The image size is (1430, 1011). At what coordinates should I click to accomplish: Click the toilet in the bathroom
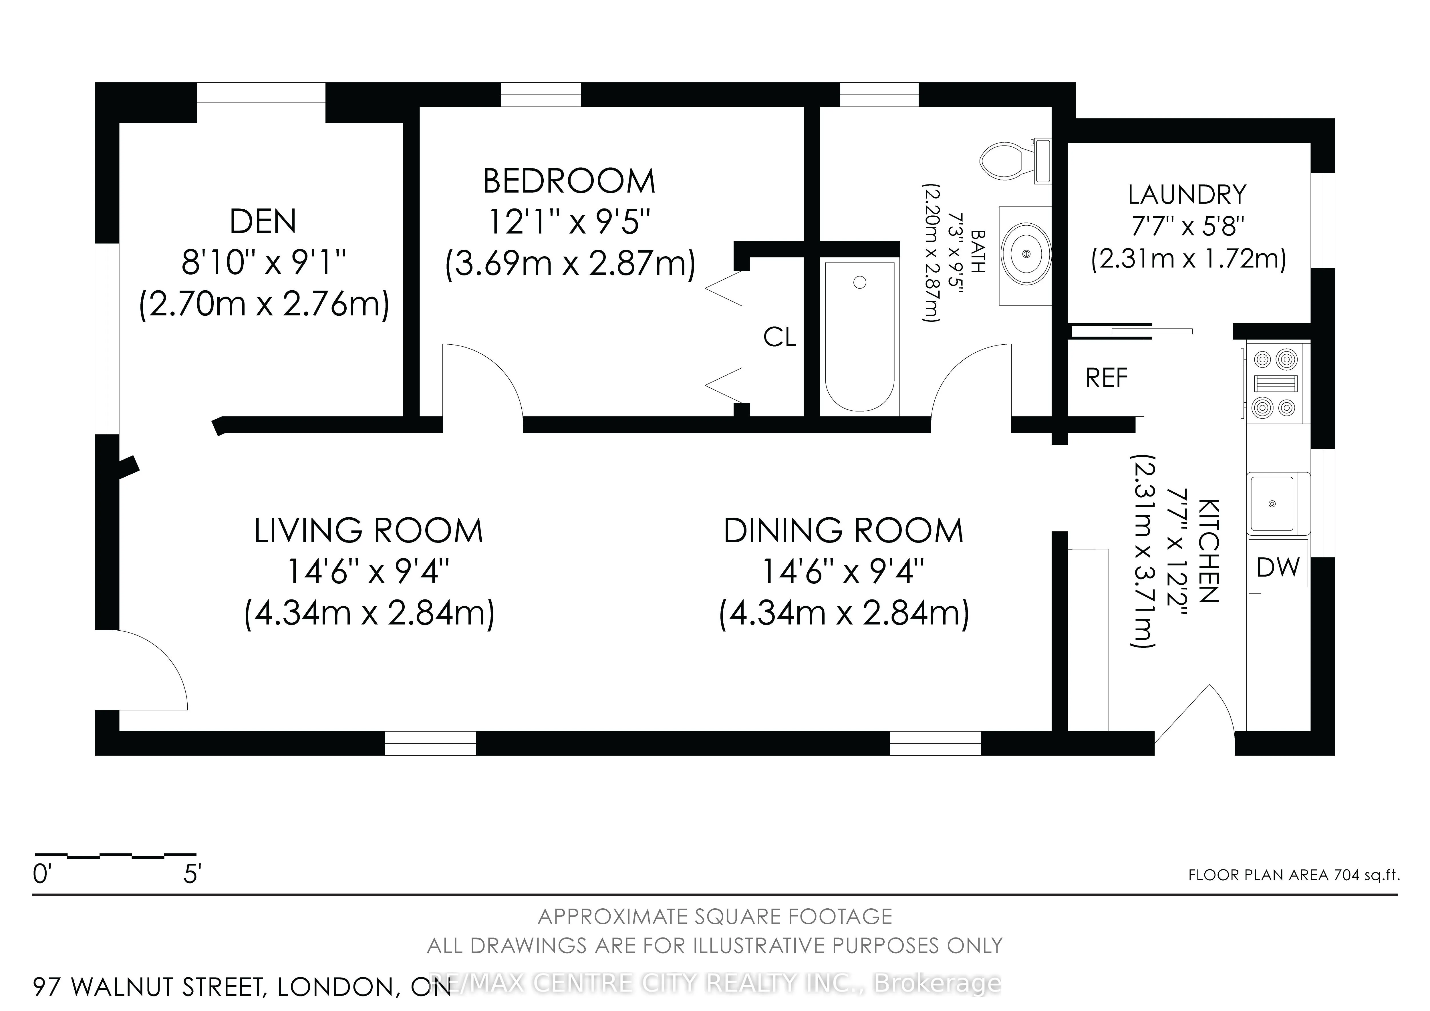click(1015, 161)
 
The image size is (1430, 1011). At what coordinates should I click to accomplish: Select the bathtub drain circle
click(860, 283)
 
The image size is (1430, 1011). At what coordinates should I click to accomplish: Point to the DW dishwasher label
click(1278, 567)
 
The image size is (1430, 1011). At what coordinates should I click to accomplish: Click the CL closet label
click(780, 338)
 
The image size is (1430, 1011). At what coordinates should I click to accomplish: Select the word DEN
click(263, 222)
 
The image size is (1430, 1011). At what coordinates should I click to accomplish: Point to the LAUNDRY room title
click(1187, 195)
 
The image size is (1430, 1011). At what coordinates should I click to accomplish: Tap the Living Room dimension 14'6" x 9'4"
click(369, 571)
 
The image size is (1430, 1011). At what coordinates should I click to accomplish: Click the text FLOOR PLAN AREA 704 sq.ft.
click(1294, 875)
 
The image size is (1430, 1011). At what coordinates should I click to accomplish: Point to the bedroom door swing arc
click(498, 368)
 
